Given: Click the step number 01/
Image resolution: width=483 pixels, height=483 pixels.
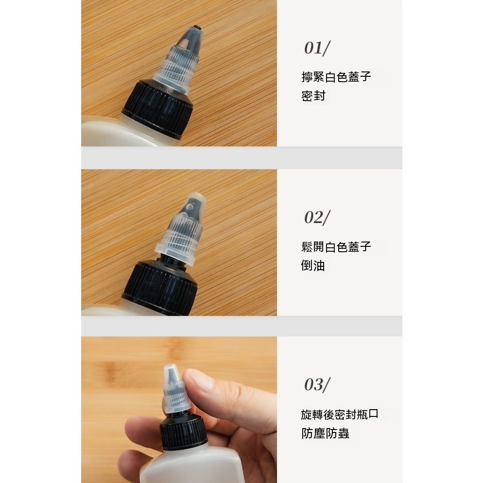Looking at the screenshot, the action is tap(317, 48).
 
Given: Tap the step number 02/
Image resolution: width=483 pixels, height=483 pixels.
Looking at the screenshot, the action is tap(317, 218).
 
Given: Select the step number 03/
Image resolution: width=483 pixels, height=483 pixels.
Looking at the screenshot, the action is tap(317, 384).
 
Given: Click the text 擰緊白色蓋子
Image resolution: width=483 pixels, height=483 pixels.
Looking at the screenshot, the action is tap(336, 77).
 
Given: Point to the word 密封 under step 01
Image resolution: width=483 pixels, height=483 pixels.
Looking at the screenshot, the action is tap(313, 96).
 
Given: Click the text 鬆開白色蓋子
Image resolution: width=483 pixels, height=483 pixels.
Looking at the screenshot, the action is tap(336, 247).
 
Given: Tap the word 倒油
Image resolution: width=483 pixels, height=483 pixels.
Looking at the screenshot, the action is tap(313, 265).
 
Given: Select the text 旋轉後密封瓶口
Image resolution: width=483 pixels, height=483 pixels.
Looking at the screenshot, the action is tap(340, 414).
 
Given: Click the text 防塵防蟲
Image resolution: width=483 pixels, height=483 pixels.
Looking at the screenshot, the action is tap(325, 433).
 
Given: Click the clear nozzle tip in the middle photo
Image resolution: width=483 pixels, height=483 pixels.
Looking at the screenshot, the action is tap(194, 205).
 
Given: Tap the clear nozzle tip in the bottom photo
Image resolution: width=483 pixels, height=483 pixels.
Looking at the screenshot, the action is tap(172, 373).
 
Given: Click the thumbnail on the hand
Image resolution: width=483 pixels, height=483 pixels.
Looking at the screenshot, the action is tap(199, 380).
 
